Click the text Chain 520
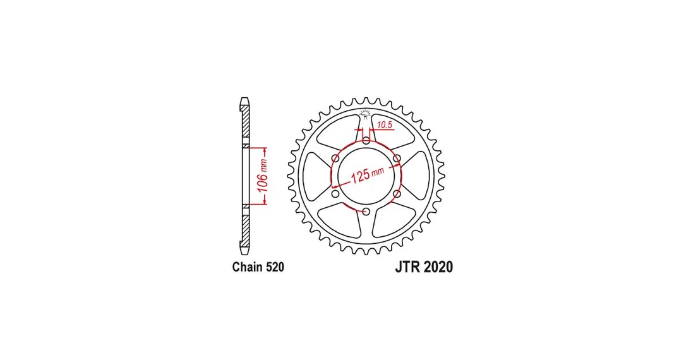point(258,267)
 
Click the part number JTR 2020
point(424,267)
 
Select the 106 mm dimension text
point(262,176)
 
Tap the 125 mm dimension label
point(367,174)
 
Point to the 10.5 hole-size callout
point(384,125)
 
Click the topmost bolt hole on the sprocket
point(366,140)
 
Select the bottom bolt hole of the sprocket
point(366,212)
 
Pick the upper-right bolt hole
point(397,158)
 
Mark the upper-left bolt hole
point(335,158)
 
